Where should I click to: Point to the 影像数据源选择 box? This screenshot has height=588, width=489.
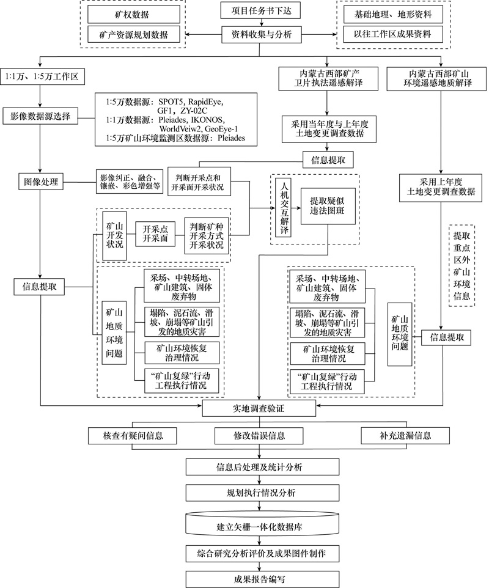[40, 116]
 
